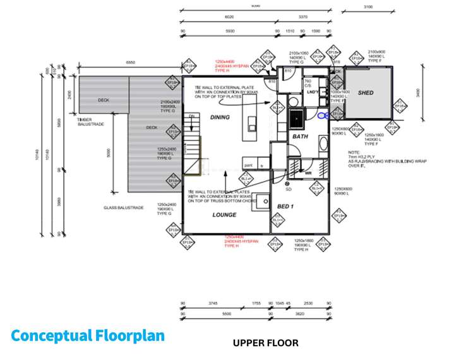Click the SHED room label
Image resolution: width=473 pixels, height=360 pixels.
coord(365,93)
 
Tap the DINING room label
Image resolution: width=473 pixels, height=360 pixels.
coord(220,117)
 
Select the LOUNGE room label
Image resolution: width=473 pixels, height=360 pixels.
coord(224,215)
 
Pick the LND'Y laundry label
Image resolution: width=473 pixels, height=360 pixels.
coord(312,92)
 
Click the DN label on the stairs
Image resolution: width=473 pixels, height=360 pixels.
coord(191,117)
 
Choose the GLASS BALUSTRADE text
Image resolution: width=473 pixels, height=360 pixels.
coord(123,207)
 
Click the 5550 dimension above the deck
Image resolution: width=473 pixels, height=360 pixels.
coord(130,63)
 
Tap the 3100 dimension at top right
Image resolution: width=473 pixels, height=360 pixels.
coord(368,7)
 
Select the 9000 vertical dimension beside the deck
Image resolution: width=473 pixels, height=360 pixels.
coord(109,152)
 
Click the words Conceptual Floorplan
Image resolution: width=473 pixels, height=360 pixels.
coord(88,335)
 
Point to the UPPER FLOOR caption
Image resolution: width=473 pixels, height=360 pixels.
coord(265,344)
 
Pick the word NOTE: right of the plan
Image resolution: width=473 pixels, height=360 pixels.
coord(354,152)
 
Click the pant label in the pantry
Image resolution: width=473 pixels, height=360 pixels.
coord(249,166)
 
